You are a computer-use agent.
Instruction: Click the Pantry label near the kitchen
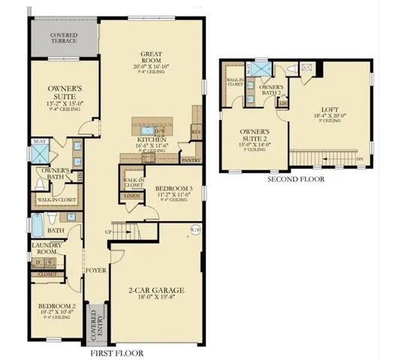190,160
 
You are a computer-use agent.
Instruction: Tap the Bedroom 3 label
168,190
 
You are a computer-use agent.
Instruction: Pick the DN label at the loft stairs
360,159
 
